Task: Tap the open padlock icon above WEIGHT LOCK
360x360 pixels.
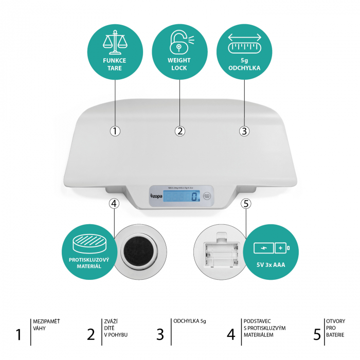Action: (179, 42)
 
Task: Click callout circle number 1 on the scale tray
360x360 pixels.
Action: (115, 131)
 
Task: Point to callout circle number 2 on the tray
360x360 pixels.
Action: (179, 131)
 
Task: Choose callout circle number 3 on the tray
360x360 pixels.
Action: (245, 131)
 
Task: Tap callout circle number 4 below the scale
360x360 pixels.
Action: (115, 204)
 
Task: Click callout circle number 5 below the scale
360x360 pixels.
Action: (245, 204)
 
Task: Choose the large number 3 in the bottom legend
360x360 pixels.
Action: (160, 334)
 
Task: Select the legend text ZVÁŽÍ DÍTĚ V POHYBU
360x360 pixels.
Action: (115, 328)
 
